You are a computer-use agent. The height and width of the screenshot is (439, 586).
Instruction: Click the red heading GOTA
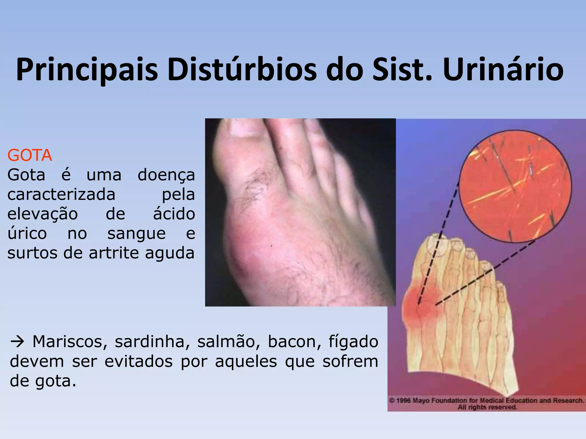(x=30, y=155)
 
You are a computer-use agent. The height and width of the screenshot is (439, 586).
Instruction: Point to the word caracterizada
(x=61, y=195)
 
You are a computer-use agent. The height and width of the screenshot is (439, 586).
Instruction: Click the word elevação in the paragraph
(x=42, y=214)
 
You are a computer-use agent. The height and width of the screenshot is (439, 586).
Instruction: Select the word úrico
(x=27, y=234)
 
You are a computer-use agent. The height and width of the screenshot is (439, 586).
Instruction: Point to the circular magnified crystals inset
(x=515, y=186)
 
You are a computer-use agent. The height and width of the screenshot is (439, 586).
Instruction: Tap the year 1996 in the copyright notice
(x=403, y=401)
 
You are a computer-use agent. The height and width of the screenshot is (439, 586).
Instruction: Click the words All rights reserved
(x=488, y=407)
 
